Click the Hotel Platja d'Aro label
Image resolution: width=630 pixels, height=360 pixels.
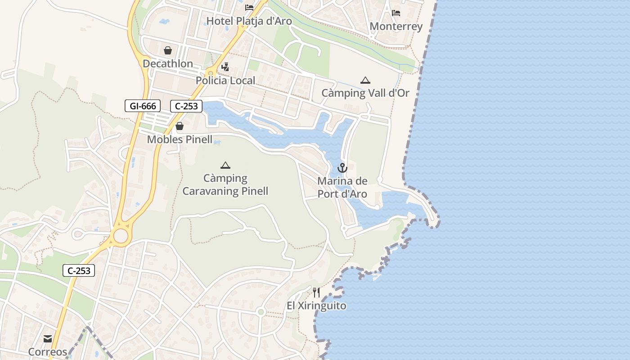click(249, 21)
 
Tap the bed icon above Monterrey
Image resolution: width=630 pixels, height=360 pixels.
click(396, 13)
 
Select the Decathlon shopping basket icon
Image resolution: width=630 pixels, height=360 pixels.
click(168, 50)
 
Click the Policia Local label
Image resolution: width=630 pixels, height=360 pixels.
click(225, 81)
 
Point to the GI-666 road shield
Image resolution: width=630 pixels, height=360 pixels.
click(143, 106)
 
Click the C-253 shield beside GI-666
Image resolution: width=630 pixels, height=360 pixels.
click(186, 106)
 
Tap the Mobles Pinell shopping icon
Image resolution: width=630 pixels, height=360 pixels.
click(180, 126)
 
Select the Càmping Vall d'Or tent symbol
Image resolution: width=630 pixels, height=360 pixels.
click(365, 81)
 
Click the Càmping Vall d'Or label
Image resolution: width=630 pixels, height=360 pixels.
click(365, 93)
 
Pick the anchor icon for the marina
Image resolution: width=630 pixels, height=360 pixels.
click(342, 168)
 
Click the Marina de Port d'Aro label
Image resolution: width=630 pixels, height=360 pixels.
click(342, 188)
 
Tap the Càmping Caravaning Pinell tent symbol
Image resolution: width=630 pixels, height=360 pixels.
click(225, 165)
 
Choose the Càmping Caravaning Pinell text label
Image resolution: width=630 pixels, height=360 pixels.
click(225, 184)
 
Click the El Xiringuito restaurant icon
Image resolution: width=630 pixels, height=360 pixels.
click(316, 292)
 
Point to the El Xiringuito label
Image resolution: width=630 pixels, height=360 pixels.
click(316, 306)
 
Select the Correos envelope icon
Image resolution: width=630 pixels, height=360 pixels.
click(48, 339)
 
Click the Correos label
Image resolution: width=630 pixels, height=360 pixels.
click(48, 351)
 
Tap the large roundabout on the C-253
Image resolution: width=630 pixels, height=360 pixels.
click(121, 235)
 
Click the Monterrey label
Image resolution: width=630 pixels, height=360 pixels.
click(396, 26)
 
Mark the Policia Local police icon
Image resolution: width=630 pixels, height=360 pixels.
click(225, 67)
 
